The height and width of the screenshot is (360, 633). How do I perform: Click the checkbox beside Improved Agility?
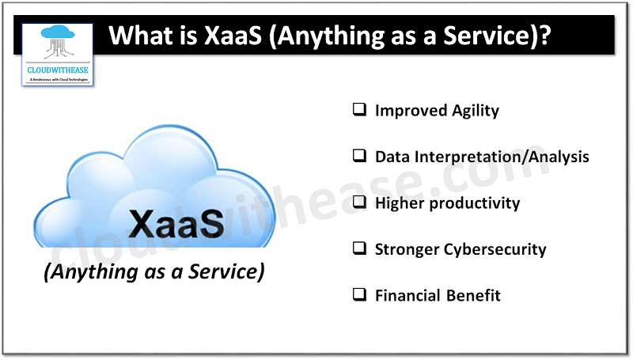coord(359,110)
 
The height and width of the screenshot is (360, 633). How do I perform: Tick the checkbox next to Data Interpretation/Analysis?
coord(359,156)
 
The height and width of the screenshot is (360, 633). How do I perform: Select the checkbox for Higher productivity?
coord(359,203)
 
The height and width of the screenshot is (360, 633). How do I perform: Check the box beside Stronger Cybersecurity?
coord(359,249)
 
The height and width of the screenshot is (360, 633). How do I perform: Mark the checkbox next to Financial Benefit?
coord(359,295)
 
